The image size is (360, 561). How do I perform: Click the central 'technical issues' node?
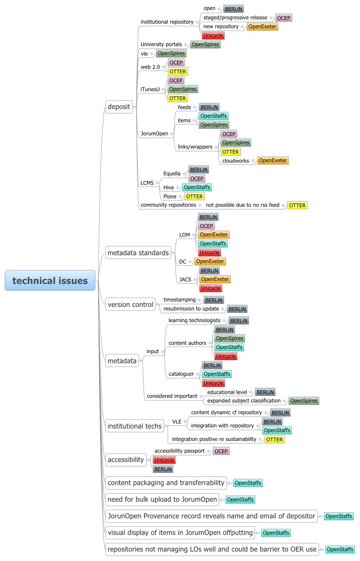(x=50, y=280)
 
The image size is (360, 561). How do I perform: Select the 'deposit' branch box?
(x=119, y=107)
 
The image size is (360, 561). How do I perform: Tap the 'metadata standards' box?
(x=138, y=253)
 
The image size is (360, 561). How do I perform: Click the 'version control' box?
(x=130, y=304)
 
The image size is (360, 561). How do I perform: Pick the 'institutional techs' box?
(x=135, y=426)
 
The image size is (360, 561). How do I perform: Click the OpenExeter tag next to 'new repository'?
(x=262, y=26)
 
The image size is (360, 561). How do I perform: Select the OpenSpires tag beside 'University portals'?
(x=205, y=44)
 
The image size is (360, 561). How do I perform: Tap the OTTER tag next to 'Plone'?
(x=194, y=196)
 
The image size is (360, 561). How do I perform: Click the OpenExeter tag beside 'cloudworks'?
(x=273, y=160)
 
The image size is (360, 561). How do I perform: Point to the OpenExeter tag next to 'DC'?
(x=210, y=261)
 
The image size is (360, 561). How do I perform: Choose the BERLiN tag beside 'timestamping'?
(x=214, y=300)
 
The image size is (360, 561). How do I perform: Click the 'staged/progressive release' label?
(x=235, y=18)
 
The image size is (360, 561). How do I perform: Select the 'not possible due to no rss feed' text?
(x=242, y=205)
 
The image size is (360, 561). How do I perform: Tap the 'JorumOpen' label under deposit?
(x=154, y=134)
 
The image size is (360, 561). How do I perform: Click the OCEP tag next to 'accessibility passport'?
(x=221, y=451)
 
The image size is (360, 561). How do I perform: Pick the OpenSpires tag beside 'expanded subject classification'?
(x=304, y=401)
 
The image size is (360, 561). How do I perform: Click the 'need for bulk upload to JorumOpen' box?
(x=162, y=499)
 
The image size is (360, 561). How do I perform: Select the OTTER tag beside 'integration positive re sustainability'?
(x=274, y=439)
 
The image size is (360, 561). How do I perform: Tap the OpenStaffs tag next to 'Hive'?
(x=197, y=187)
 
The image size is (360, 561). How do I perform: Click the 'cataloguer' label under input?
(x=181, y=374)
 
